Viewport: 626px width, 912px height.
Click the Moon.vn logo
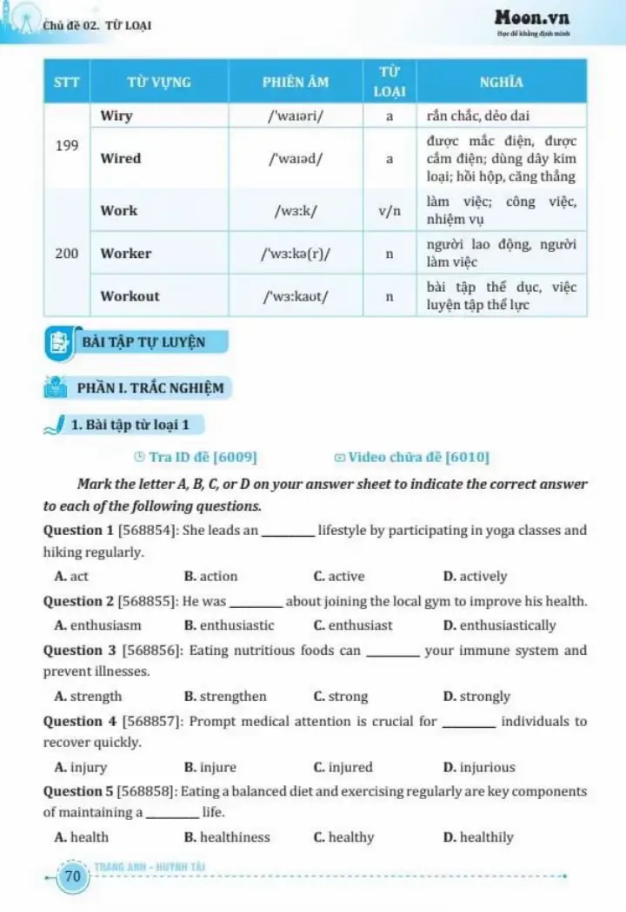tap(533, 17)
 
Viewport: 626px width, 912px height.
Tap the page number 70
tap(73, 877)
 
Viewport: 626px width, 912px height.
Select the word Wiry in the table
tap(117, 116)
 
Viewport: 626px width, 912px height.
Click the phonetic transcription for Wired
tap(296, 159)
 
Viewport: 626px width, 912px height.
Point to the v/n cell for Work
tap(390, 210)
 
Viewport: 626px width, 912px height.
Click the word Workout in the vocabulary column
tap(130, 296)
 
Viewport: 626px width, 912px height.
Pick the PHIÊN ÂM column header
tap(296, 83)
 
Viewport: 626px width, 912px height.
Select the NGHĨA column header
tap(502, 83)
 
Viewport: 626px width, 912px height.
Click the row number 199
tap(67, 146)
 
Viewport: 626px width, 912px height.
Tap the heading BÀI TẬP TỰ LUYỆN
tap(143, 342)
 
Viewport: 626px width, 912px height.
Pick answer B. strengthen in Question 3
tap(225, 697)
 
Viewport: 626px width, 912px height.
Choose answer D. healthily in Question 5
tap(477, 838)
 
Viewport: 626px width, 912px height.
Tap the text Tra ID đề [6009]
tap(196, 457)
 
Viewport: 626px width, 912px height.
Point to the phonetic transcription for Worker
tap(296, 254)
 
